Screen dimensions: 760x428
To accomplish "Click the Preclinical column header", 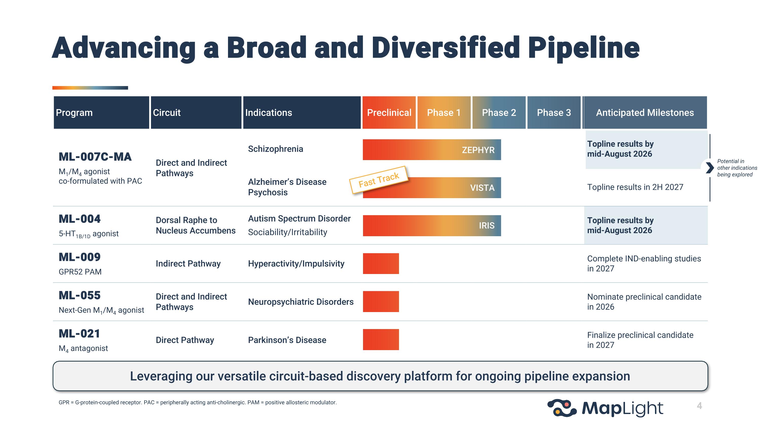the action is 389,113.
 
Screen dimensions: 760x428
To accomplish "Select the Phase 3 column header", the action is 554,113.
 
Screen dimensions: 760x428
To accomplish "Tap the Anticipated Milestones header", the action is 645,113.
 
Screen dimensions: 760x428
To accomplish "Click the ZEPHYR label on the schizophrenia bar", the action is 478,150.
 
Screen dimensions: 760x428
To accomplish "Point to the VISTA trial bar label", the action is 482,188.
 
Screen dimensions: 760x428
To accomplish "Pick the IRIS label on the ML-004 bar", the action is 486,226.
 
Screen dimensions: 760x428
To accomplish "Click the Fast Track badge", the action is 379,180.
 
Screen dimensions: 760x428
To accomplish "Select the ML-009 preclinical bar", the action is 381,264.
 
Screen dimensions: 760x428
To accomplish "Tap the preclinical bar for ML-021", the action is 381,340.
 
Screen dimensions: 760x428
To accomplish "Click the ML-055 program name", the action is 80,295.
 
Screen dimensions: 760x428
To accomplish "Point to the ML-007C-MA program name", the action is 95,157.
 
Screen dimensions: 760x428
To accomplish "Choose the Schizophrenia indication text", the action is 276,149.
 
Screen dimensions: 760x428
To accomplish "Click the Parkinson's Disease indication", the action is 287,340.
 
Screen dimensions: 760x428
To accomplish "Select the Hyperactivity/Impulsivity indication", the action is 296,264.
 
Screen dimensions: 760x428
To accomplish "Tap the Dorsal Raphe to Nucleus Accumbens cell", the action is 196,225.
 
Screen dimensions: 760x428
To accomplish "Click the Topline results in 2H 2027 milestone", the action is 635,187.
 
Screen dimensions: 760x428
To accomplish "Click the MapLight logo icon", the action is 562,408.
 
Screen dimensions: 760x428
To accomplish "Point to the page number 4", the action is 699,406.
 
